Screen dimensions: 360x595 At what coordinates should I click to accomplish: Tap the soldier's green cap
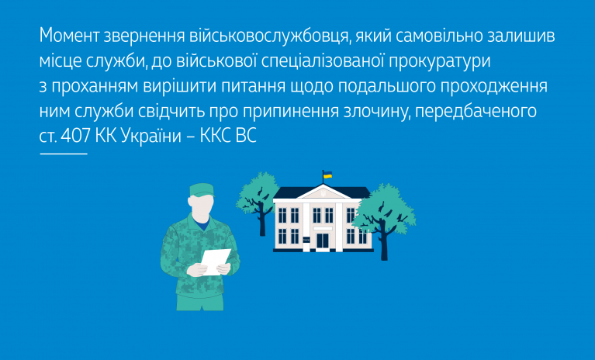coord(201,189)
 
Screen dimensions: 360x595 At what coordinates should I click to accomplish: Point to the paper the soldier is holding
coord(215,260)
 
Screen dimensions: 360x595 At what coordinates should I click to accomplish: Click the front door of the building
coord(322,241)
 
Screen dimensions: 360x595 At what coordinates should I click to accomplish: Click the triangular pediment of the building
coord(323,189)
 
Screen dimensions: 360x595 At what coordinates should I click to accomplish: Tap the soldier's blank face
coord(202,207)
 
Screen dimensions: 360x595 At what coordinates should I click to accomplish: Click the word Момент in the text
coord(71,36)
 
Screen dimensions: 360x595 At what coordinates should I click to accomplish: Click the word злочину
coord(372,111)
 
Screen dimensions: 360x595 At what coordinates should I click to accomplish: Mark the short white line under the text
coord(63,154)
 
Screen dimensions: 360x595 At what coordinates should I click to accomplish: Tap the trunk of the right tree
coord(384,246)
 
